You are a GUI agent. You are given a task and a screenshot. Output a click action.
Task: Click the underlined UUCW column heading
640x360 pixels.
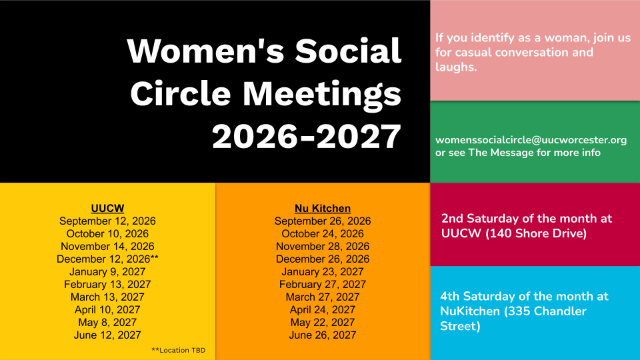[x=107, y=208]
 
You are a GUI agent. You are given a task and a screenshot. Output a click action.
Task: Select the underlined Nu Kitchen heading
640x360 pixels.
[x=323, y=208]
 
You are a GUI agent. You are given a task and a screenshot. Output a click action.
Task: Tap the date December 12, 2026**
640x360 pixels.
[x=107, y=259]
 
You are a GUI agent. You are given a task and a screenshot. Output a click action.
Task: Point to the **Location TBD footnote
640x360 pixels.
[x=179, y=350]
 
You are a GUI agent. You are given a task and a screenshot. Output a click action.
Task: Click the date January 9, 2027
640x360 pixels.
[x=107, y=271]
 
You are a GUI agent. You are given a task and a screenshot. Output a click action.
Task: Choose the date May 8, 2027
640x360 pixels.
[x=107, y=322]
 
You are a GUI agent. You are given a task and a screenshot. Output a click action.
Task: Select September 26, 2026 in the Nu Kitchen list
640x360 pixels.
[x=323, y=221]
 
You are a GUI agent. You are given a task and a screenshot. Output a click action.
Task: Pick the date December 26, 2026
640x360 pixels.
[x=323, y=259]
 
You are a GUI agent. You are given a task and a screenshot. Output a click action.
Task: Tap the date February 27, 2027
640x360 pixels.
[x=323, y=284]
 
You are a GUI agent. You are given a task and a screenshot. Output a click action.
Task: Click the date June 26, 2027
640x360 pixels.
[x=323, y=335]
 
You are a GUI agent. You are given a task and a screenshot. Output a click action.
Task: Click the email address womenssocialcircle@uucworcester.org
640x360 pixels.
[x=531, y=140]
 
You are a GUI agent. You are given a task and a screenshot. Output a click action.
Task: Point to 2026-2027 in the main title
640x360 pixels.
[x=307, y=136]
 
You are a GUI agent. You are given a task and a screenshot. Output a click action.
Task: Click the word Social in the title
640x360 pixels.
[x=348, y=51]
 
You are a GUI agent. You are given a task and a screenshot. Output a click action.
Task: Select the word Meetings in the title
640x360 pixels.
[x=322, y=94]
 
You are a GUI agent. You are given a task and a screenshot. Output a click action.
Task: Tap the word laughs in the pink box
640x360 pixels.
[x=456, y=67]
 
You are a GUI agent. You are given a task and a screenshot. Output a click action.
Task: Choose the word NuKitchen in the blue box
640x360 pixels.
[x=470, y=311]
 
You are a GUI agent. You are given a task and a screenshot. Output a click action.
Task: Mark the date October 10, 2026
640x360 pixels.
[x=107, y=233]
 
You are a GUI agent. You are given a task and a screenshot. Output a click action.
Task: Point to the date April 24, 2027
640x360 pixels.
[x=323, y=309]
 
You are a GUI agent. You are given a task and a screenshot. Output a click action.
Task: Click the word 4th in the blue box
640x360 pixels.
[x=450, y=296]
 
